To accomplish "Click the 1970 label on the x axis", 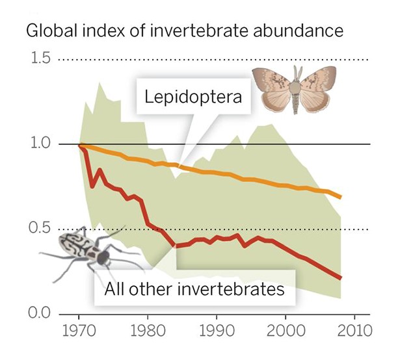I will pyautogui.click(x=79, y=330).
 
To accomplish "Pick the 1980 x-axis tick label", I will pyautogui.click(x=148, y=330).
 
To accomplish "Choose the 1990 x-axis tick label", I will pyautogui.click(x=217, y=330).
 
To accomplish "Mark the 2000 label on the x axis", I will pyautogui.click(x=285, y=330).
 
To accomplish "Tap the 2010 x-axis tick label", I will pyautogui.click(x=354, y=330).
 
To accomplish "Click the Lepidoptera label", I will pyautogui.click(x=193, y=98).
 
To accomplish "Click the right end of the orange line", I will pyautogui.click(x=341, y=196).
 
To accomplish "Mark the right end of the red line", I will pyautogui.click(x=341, y=278).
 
